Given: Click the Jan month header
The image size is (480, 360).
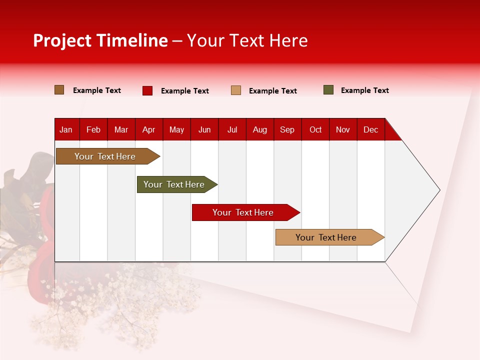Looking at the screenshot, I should tap(66, 130).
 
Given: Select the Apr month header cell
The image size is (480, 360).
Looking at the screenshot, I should tap(149, 130).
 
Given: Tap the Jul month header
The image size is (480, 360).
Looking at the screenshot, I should tap(232, 130).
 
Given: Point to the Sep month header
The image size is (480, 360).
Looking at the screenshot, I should tap(287, 130).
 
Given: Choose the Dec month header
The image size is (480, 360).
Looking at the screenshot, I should tap(371, 130).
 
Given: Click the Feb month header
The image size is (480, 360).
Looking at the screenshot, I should tap(93, 130).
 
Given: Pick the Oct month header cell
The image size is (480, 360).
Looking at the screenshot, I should tap(315, 130).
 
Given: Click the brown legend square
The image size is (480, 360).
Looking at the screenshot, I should tap(59, 90).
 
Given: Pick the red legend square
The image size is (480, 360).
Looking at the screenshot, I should tap(147, 90).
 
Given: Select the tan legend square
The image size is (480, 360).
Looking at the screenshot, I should tap(236, 90).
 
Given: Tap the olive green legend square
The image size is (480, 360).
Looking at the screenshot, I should tap(328, 90).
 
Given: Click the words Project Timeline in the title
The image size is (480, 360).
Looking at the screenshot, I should tap(100, 40).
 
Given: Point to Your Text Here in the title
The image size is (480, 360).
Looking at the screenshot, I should tap(247, 40).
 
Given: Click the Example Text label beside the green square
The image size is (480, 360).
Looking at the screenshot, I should tap(364, 90).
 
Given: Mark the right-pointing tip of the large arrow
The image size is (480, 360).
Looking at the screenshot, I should tap(439, 190).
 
